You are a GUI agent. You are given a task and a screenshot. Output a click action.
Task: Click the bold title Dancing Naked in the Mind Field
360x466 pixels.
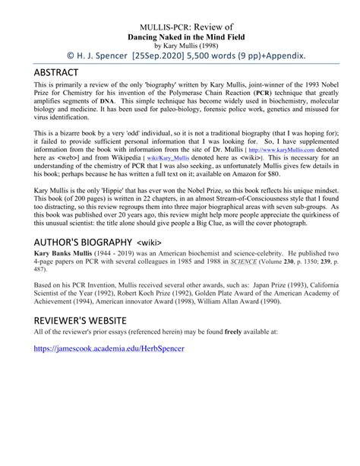180,35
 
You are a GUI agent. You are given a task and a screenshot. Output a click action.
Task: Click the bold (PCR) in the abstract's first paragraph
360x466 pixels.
264,90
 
